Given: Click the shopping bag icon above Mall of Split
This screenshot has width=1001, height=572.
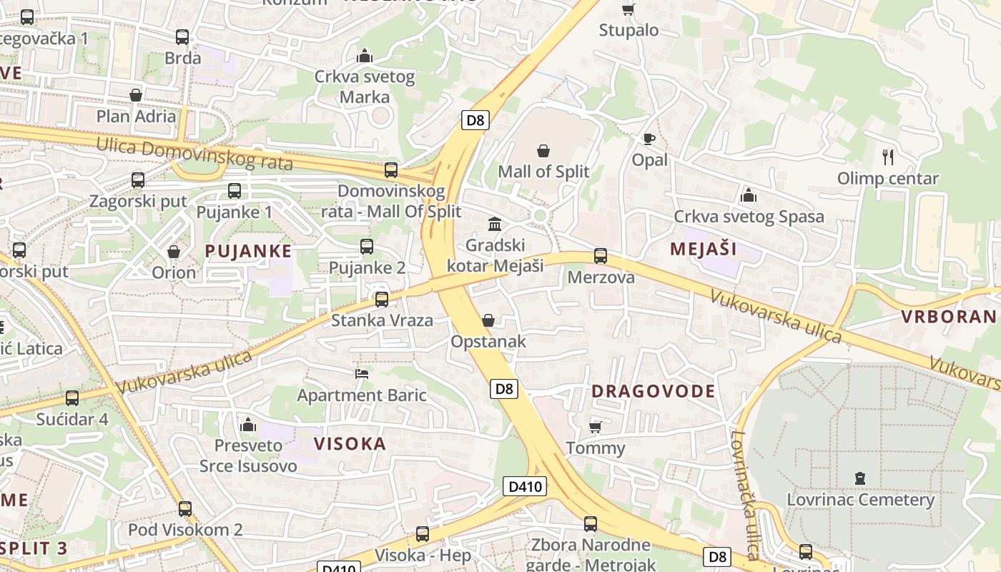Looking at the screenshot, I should tap(543, 151).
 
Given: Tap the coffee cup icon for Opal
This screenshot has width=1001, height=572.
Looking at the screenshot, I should tap(649, 139).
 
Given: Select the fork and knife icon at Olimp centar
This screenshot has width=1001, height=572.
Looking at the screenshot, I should tap(888, 157).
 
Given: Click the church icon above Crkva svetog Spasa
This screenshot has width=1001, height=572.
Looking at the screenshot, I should tap(749, 194).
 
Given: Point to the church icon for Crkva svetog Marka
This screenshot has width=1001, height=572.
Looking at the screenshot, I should tap(365, 55).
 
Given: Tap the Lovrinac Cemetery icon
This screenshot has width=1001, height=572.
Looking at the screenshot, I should tap(860, 478).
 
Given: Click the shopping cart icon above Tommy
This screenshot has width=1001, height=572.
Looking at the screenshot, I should tap(595, 427).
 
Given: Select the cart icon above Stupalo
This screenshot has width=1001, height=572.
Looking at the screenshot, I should tap(628, 9).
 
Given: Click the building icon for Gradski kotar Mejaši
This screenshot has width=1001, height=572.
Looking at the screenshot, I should tap(495, 224).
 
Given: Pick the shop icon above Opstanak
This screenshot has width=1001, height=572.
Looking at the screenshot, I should tap(488, 320).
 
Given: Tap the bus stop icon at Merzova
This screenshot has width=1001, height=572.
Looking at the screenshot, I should tap(601, 255).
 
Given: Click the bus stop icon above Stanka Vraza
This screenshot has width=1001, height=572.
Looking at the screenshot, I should tap(382, 299).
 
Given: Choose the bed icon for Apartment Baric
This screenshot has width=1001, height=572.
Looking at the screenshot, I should tap(362, 373).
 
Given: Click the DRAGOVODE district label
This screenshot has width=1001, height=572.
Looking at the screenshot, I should tap(654, 391).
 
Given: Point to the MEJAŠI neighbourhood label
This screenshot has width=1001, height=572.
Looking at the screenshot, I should tap(703, 249).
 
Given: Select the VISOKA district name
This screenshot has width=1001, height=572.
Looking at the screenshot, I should tap(350, 443).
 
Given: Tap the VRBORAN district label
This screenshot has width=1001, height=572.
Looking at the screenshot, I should tap(948, 317).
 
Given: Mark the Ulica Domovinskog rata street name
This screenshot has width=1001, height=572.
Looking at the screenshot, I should tap(194, 154).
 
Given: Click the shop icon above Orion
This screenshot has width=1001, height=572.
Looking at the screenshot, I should tap(173, 252).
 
